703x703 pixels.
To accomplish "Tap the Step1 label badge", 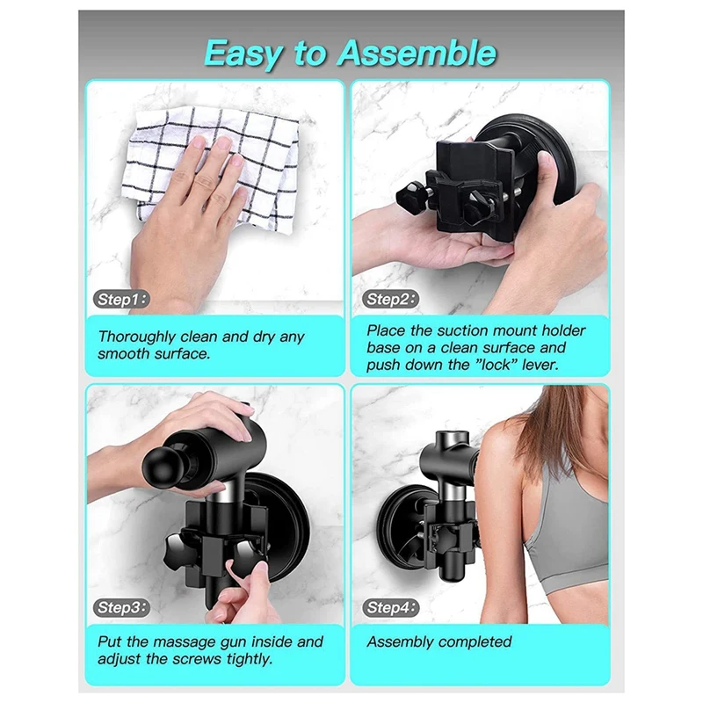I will (122, 300).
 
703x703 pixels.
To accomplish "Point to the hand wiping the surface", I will (189, 220).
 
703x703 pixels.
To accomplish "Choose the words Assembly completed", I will (438, 642).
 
